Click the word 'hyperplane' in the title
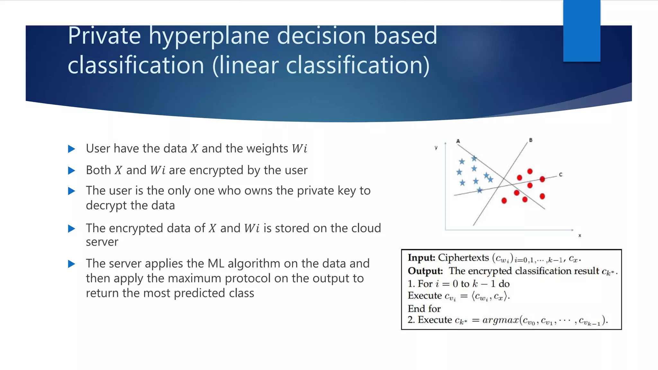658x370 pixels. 209,36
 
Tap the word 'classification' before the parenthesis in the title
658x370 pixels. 136,65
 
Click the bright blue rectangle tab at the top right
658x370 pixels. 582,31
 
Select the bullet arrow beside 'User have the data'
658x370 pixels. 72,149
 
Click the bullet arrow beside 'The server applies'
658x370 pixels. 72,264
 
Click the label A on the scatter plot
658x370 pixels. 458,141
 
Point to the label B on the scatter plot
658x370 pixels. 531,140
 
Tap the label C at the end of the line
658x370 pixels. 561,175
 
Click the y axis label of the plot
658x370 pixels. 436,148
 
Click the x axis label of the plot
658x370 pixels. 580,236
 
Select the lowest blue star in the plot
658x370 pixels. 479,190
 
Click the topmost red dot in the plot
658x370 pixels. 530,172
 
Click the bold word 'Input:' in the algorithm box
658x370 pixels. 421,258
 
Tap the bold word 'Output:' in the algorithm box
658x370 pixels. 425,271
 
